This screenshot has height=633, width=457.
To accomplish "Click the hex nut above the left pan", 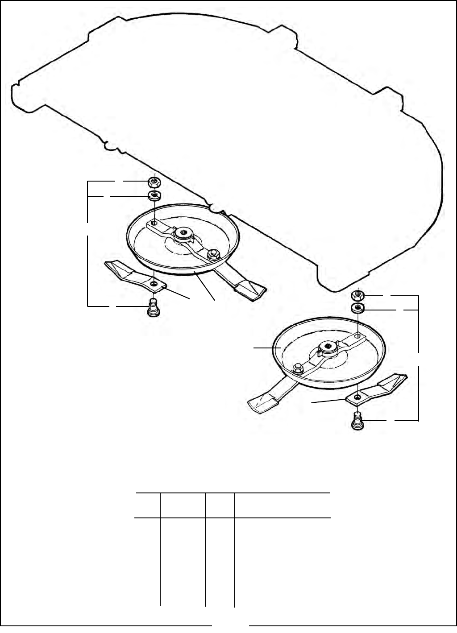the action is tap(154, 182).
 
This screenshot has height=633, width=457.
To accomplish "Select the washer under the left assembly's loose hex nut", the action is tap(154, 195).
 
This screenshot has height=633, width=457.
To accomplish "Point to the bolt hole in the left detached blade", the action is tap(154, 284).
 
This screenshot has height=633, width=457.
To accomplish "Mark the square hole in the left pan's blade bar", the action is tap(154, 222).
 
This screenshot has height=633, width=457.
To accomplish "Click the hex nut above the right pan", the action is tap(357, 295).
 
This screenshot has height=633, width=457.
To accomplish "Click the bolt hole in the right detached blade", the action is tap(357, 397).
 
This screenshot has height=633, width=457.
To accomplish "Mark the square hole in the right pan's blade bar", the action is tap(357, 335).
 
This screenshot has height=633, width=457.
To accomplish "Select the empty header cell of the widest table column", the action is tap(282, 505).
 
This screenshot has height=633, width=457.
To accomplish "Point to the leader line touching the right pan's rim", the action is tap(266, 348).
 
